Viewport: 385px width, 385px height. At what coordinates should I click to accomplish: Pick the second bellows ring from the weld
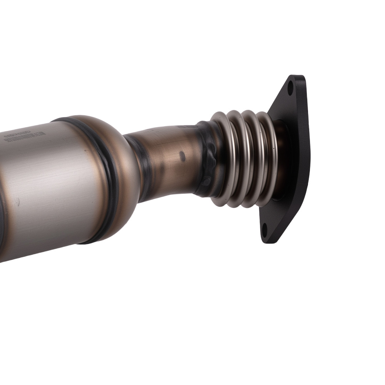[236, 158]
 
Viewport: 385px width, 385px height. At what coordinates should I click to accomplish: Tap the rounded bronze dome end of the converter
[123, 169]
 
